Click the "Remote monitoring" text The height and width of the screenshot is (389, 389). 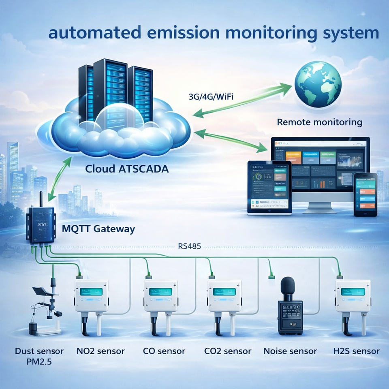click(319, 122)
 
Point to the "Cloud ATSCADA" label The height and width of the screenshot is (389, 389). click(127, 169)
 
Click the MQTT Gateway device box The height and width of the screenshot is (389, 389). click(40, 225)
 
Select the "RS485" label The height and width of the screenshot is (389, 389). click(190, 246)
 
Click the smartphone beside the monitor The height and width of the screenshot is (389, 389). click(365, 194)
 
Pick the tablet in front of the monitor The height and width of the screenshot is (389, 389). click(269, 187)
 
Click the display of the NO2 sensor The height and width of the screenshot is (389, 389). click(91, 292)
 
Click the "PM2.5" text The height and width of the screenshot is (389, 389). click(39, 361)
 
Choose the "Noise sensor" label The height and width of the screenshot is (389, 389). click(290, 351)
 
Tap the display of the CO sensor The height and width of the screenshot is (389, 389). click(161, 292)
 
